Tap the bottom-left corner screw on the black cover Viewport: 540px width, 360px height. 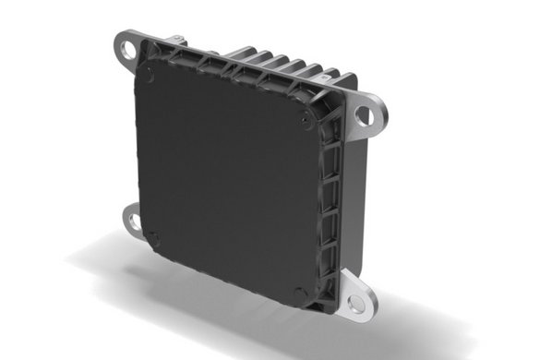click(154, 238)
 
